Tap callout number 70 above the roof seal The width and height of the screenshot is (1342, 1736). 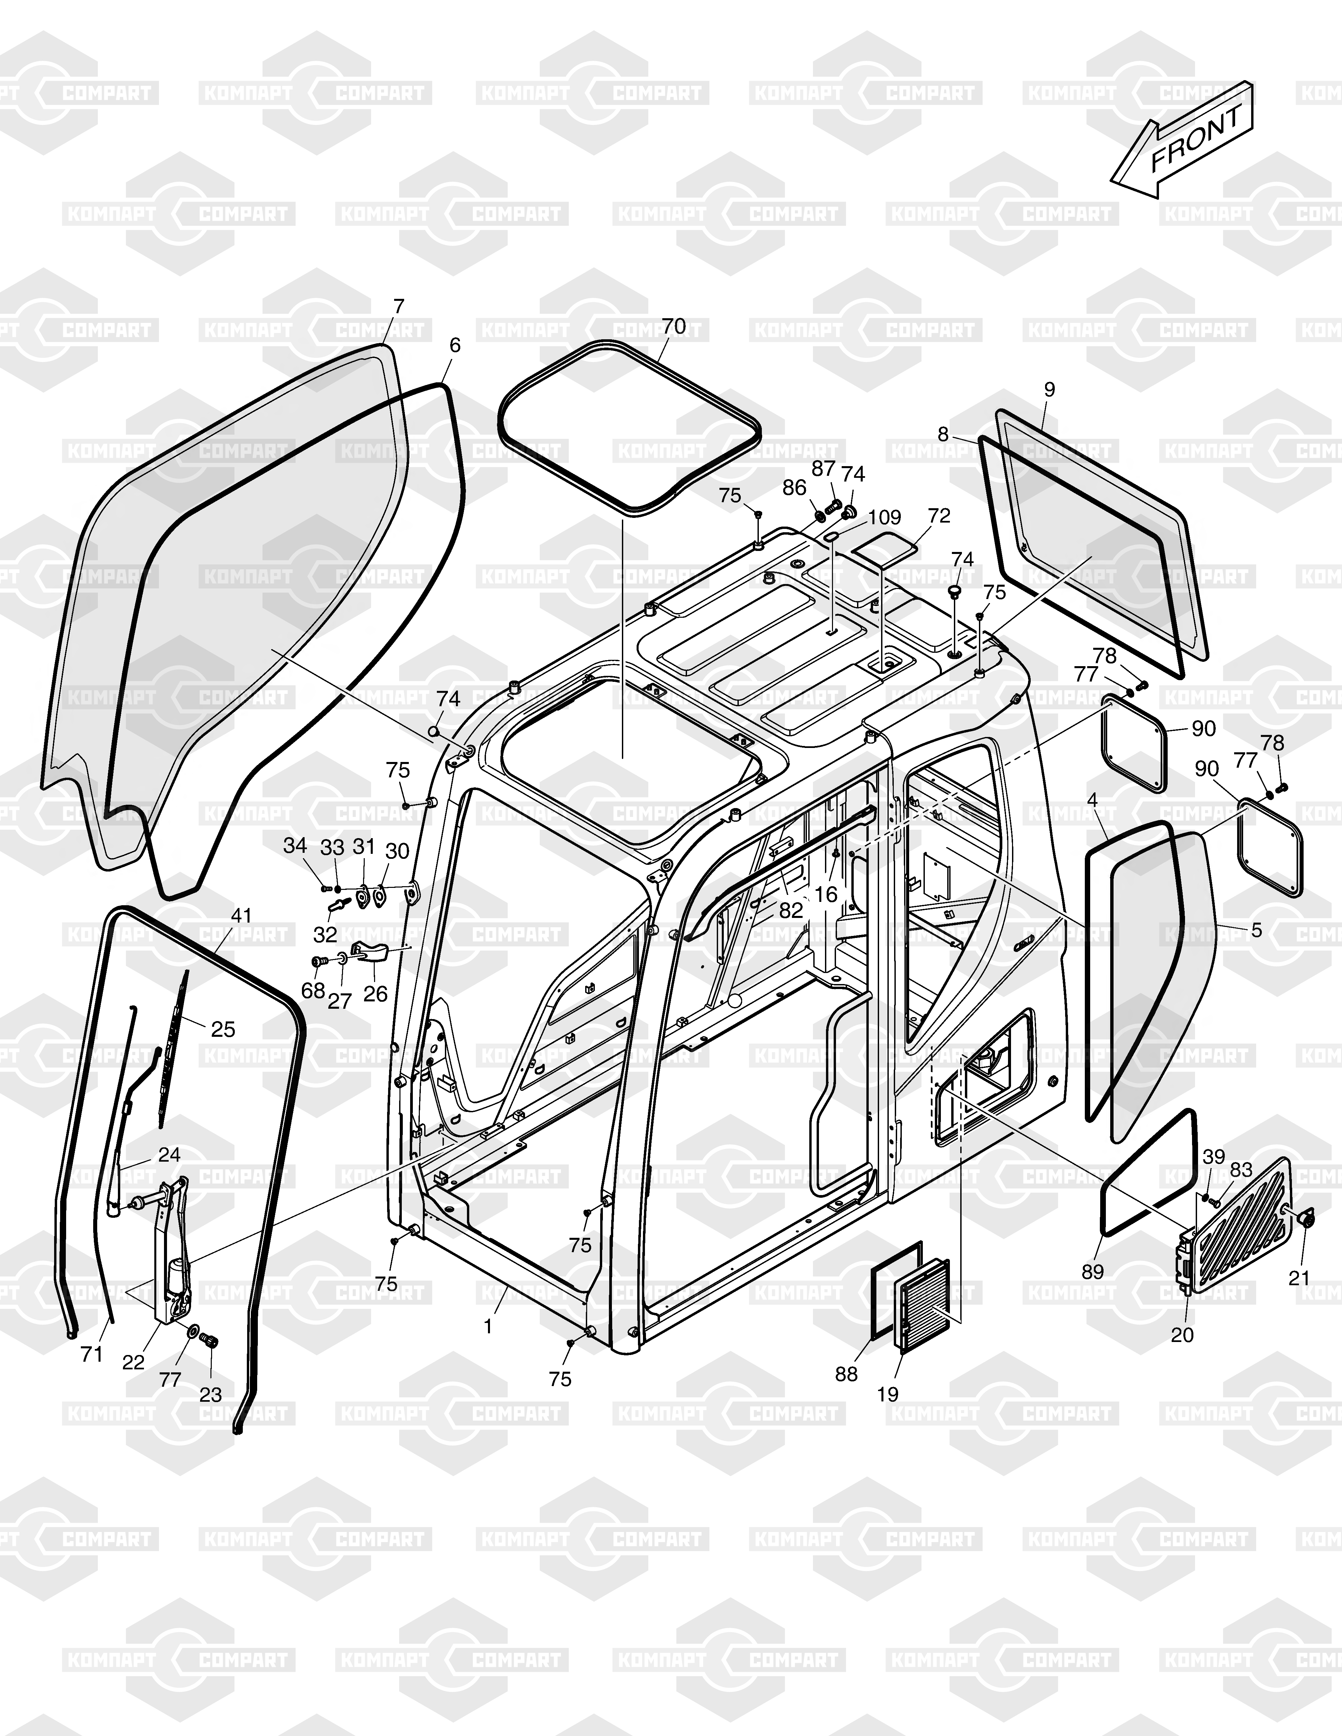click(673, 327)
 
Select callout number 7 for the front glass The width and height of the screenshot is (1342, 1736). click(399, 306)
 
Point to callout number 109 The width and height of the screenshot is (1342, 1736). click(884, 518)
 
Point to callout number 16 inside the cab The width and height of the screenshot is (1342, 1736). click(826, 894)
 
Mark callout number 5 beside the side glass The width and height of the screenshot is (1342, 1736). click(1256, 930)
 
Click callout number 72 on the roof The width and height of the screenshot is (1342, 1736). click(939, 516)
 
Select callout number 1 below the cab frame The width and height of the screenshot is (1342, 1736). click(488, 1327)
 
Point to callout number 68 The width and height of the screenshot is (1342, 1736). click(313, 990)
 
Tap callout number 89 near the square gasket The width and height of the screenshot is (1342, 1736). click(1093, 1271)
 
